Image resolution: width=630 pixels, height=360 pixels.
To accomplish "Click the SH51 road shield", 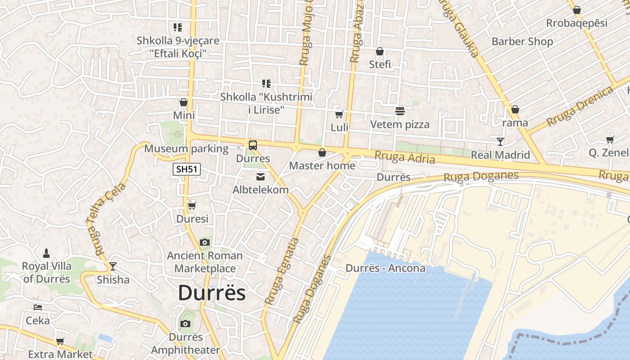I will click(187, 169).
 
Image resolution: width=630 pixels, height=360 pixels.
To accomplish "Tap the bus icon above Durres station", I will click(253, 145).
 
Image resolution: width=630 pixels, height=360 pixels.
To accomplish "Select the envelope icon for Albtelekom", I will click(261, 177).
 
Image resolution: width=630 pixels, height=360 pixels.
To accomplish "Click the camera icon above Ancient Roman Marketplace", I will click(205, 243).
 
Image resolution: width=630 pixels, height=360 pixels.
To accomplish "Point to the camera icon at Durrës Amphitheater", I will click(185, 324).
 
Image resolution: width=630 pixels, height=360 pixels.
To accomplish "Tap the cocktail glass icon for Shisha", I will click(112, 266).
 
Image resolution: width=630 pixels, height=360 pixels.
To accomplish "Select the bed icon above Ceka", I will click(38, 307).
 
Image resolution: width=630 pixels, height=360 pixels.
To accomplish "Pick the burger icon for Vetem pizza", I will click(400, 111).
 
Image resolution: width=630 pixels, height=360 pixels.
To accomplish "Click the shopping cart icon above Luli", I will click(339, 114).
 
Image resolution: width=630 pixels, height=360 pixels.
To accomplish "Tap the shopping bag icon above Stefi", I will click(380, 51).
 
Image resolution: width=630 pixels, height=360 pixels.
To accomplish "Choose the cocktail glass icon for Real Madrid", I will click(500, 142).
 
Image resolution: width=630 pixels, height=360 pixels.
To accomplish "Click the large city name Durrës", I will click(212, 293).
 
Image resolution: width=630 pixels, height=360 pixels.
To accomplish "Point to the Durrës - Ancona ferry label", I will click(385, 268).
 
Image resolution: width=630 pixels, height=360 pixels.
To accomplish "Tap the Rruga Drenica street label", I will click(580, 107).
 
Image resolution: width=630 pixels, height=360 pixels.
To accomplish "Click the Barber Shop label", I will click(522, 41).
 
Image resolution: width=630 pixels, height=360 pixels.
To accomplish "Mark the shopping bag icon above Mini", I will click(184, 103).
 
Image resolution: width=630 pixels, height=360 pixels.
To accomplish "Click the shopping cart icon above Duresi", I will click(192, 206).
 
